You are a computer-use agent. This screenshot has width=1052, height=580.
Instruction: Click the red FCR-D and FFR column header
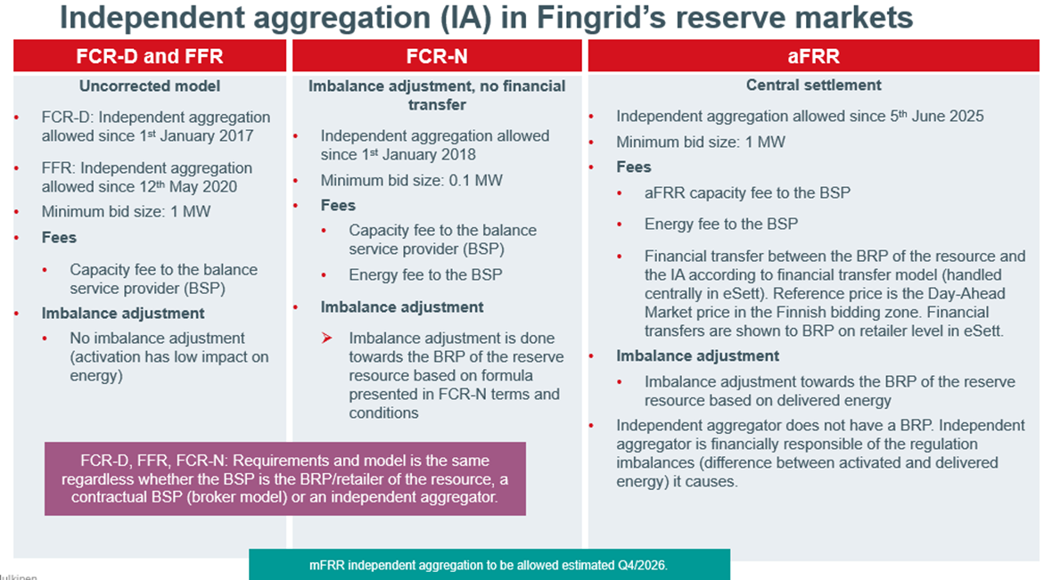150,57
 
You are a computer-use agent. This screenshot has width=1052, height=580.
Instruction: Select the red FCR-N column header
437,57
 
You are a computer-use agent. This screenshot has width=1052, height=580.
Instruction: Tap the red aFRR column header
813,57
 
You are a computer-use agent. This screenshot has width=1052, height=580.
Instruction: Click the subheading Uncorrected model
150,86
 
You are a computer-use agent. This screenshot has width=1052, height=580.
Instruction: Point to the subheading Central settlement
813,86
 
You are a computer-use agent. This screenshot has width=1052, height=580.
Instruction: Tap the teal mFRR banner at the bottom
489,565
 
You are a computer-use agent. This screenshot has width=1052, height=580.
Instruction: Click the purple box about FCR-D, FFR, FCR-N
285,479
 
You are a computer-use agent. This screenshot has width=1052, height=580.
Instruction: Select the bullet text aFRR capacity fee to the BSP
747,192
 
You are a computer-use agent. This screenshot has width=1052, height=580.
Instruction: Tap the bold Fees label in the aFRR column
634,167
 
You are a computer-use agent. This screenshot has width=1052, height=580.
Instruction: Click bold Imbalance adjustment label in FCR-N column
402,306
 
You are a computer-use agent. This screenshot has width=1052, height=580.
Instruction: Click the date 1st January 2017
193,135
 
